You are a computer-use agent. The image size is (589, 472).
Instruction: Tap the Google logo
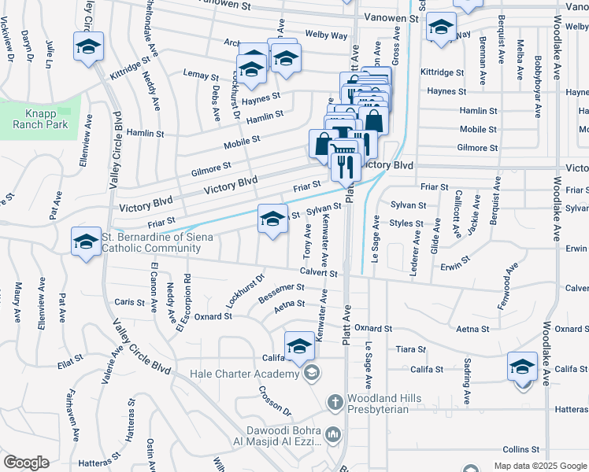tap(26, 463)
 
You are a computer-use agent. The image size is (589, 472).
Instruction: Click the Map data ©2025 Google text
tap(539, 466)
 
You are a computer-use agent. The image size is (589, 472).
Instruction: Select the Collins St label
tap(519, 448)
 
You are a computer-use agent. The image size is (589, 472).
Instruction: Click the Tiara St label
tap(411, 348)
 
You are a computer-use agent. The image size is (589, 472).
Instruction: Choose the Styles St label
tap(407, 223)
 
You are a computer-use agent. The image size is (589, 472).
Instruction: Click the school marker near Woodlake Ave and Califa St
tap(523, 367)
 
